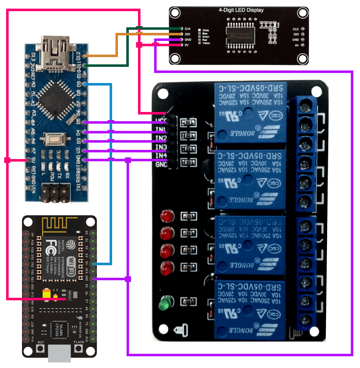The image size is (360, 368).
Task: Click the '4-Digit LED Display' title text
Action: [241, 10]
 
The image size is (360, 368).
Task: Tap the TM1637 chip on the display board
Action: [240, 35]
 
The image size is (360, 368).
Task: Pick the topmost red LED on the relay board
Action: [167, 216]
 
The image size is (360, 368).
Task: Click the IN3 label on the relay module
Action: [161, 147]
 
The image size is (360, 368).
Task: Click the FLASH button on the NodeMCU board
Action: [79, 348]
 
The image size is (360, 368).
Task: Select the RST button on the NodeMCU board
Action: [41, 348]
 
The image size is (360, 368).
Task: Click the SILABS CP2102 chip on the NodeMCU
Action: [59, 330]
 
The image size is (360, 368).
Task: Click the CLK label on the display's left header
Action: [188, 29]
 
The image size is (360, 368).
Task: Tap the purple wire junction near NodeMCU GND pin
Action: [128, 279]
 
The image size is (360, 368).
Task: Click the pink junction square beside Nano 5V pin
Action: [8, 160]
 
